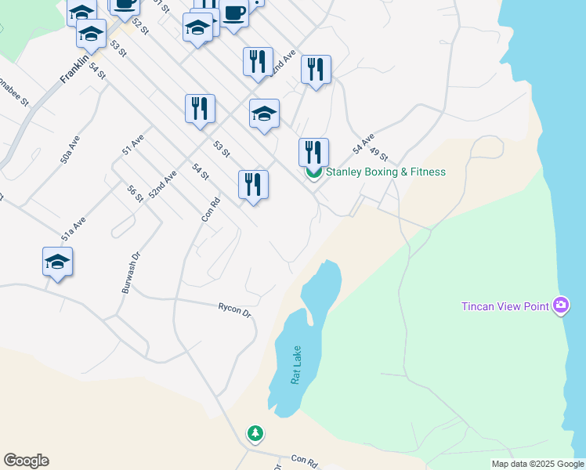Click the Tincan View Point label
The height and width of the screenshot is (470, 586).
(x=505, y=306)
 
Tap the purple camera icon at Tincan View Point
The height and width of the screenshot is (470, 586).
(x=560, y=305)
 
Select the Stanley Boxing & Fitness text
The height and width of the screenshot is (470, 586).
(x=385, y=172)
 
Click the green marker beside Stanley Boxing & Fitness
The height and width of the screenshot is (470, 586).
(x=313, y=173)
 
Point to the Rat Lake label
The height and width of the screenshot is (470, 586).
(x=296, y=365)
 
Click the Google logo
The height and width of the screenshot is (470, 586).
(x=26, y=461)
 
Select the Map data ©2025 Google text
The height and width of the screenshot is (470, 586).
(x=537, y=464)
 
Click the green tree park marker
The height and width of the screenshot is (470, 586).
(x=255, y=433)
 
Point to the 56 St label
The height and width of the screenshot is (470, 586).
(x=136, y=193)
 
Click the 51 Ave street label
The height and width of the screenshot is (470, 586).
(x=132, y=145)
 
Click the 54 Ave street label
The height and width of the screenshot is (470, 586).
(x=363, y=143)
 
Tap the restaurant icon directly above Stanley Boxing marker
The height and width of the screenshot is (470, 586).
(x=313, y=151)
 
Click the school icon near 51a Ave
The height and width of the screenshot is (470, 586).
(x=58, y=262)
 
